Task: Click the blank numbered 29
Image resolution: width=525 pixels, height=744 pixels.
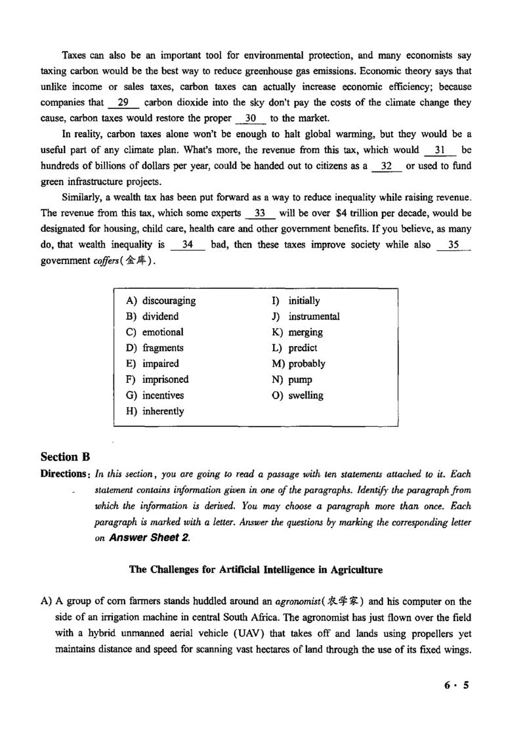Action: coord(122,102)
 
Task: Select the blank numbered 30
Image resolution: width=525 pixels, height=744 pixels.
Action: coord(249,118)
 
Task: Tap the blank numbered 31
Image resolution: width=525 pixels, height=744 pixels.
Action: coord(440,150)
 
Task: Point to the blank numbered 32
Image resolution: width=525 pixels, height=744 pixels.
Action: coord(387,166)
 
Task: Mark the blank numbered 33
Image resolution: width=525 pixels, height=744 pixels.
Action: coord(259,213)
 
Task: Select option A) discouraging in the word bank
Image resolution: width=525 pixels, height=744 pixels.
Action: coord(161,301)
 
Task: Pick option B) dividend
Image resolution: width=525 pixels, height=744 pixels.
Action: coord(152,317)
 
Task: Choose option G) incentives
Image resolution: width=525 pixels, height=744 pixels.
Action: coord(155,395)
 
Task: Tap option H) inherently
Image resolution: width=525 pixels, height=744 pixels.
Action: coord(155,411)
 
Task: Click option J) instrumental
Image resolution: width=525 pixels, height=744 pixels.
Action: coord(306,317)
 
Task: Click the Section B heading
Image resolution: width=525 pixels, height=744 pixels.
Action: coord(65,456)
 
